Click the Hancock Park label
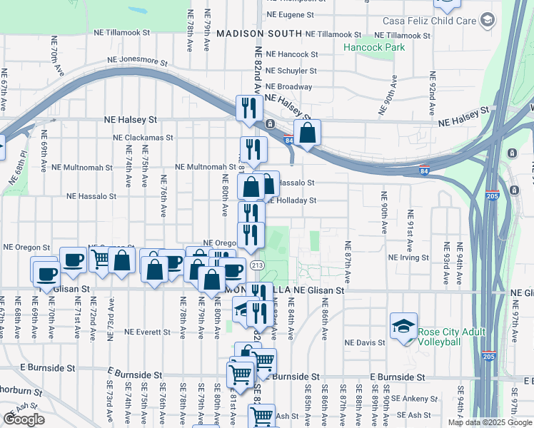tap(373, 47)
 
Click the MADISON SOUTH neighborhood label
tap(260, 34)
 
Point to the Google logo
tap(24, 419)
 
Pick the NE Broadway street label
tap(288, 87)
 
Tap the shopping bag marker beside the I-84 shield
tap(307, 133)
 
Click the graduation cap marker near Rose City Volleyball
tap(403, 326)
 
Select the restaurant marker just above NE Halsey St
tap(250, 108)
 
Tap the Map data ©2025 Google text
tap(489, 422)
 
